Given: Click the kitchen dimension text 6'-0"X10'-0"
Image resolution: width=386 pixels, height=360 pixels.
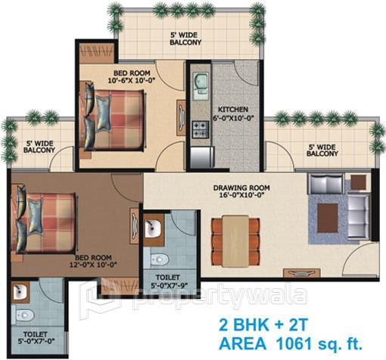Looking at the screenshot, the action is click(233, 118).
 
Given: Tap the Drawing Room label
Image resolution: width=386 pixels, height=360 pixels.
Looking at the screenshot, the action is click(241, 188).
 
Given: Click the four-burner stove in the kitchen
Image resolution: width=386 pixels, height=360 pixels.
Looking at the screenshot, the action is click(201, 129).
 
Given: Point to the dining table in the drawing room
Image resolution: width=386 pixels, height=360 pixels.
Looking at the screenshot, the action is click(235, 241).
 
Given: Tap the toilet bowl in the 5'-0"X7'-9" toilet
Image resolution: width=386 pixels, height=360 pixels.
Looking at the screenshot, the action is click(160, 259).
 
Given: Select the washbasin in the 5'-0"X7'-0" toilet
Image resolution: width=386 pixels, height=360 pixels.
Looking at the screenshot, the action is click(20, 292).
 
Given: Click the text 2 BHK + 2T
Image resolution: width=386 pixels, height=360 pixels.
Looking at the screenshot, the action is click(263, 324).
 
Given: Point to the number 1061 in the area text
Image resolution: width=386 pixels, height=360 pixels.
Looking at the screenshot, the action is click(294, 343).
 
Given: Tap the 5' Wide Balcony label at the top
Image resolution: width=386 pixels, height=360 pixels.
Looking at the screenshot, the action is click(185, 39).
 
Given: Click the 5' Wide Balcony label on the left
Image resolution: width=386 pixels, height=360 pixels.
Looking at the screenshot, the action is click(39, 147).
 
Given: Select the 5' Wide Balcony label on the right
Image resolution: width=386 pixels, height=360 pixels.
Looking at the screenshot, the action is click(322, 151).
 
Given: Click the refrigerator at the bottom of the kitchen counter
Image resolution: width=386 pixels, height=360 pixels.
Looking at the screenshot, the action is click(202, 157).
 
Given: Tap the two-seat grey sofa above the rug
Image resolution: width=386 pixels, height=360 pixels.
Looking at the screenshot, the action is click(326, 183).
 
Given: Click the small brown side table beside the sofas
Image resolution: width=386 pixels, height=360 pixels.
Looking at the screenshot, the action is click(359, 182).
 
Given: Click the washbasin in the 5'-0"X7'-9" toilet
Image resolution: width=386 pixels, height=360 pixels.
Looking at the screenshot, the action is click(153, 228).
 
